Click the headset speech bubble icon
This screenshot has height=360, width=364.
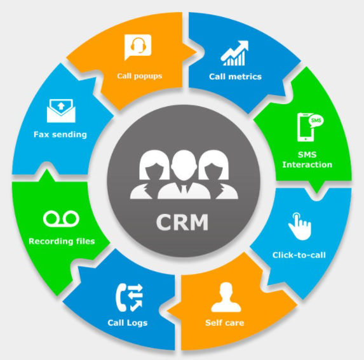pyautogui.click(x=138, y=47)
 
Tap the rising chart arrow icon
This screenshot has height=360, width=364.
pyautogui.click(x=234, y=53)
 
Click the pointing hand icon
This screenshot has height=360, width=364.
pyautogui.click(x=300, y=227)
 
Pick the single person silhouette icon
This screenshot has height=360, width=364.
pyautogui.click(x=226, y=297)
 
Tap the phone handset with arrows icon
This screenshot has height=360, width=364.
pyautogui.click(x=130, y=297)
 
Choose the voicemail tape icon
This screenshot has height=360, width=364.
pyautogui.click(x=61, y=218)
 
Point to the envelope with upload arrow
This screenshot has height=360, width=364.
pyautogui.click(x=61, y=110)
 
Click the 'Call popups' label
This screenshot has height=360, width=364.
pyautogui.click(x=140, y=76)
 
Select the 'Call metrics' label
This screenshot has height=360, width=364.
pyautogui.click(x=235, y=77)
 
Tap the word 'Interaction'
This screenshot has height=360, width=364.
pyautogui.click(x=307, y=164)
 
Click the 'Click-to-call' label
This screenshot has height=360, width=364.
pyautogui.click(x=299, y=255)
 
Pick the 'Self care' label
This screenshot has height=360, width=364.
pyautogui.click(x=224, y=323)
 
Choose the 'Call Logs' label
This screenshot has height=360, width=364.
pyautogui.click(x=128, y=323)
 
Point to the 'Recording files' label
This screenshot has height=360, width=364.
pyautogui.click(x=62, y=241)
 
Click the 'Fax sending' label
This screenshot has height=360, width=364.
pyautogui.click(x=60, y=135)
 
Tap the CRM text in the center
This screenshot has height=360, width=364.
pyautogui.click(x=182, y=222)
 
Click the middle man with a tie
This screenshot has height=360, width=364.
pyautogui.click(x=184, y=175)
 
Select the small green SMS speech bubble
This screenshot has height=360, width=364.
pyautogui.click(x=316, y=121)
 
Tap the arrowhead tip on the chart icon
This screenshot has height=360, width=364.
pyautogui.click(x=248, y=41)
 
